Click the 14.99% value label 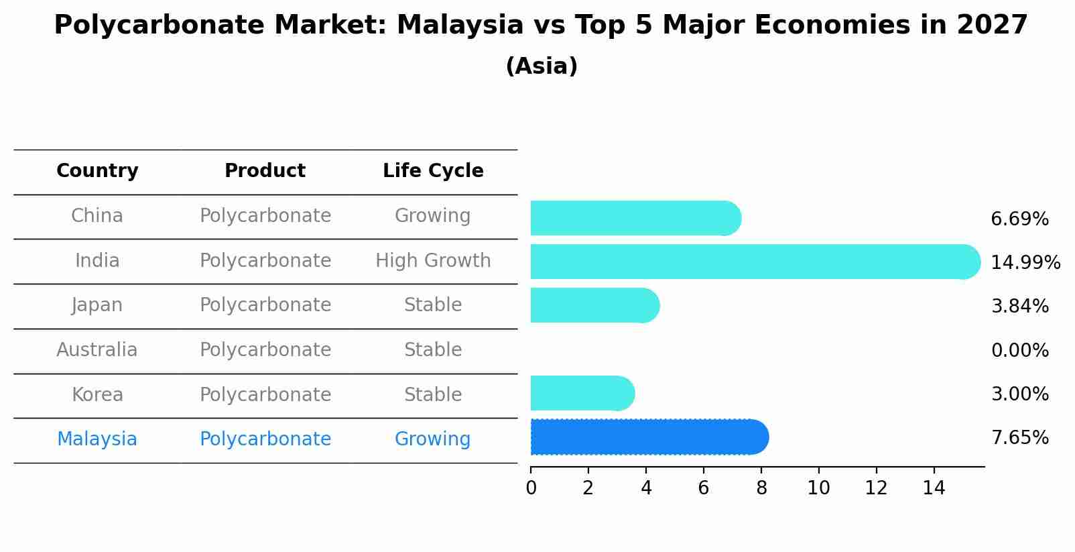tap(1025, 262)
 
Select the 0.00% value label tap(1019, 350)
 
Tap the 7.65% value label tap(1019, 438)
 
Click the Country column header tap(97, 171)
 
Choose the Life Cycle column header tap(433, 171)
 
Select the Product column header tap(265, 171)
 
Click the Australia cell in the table tap(97, 350)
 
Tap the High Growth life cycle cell tap(433, 261)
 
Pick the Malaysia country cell tap(97, 439)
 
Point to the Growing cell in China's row tap(432, 216)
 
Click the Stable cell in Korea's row tap(433, 395)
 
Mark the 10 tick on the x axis tap(818, 488)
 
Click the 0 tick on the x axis tap(531, 488)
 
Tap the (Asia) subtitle tap(542, 66)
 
